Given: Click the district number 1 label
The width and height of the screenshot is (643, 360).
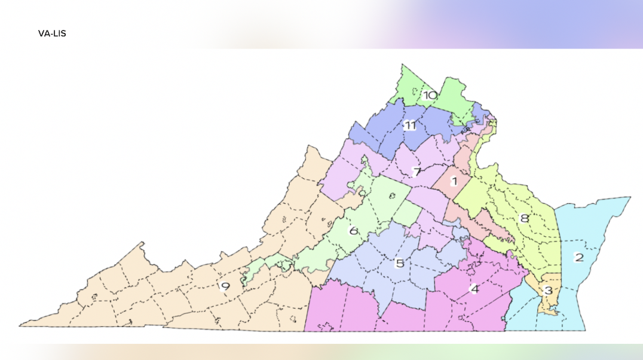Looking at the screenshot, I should pos(454,181).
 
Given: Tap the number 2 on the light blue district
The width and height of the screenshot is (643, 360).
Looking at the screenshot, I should pos(578,258).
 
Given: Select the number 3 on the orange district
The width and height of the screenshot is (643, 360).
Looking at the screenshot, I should pos(548,291).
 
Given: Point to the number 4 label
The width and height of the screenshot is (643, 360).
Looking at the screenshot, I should pos(474,289).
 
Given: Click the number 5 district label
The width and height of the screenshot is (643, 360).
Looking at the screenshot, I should pos(400,263).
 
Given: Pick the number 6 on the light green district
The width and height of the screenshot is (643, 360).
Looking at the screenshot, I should pos(353,231).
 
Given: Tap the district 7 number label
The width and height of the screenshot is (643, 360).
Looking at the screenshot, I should pos(417,172).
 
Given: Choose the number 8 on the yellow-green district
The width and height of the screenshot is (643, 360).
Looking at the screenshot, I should pos(525,218).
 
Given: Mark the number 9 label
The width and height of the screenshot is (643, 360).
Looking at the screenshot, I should pos(225,286).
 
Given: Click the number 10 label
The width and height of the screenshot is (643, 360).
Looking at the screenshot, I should pos(430,95).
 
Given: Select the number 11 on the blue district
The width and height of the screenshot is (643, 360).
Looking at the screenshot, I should pos(410,126).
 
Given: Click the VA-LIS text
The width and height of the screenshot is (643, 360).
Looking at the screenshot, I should pos(52,33).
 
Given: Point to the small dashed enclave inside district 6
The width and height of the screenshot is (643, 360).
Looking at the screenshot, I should pos(391,195).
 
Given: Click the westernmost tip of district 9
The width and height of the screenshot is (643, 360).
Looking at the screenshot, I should pos(20,325).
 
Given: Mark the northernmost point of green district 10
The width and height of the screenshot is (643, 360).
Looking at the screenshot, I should pos(403,65).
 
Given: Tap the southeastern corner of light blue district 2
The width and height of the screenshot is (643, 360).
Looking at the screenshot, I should pos(584,329).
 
